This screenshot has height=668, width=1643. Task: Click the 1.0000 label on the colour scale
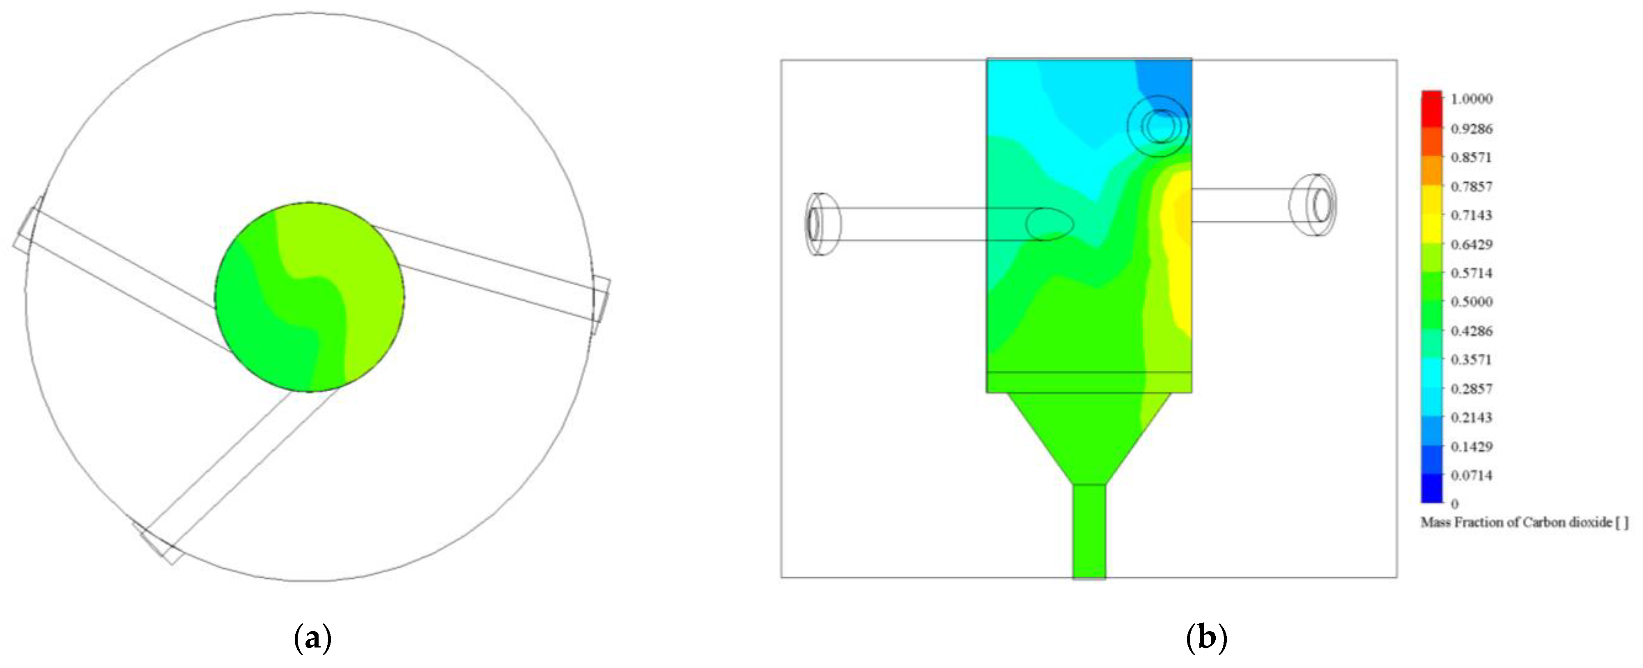pyautogui.click(x=1472, y=99)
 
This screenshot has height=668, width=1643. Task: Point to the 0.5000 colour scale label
pyautogui.click(x=1472, y=302)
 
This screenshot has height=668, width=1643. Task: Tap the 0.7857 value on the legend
pyautogui.click(x=1472, y=186)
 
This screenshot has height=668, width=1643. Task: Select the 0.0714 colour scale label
pyautogui.click(x=1472, y=475)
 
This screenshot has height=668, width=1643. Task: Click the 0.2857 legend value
pyautogui.click(x=1472, y=389)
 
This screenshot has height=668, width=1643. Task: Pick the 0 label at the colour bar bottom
pyautogui.click(x=1455, y=504)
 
